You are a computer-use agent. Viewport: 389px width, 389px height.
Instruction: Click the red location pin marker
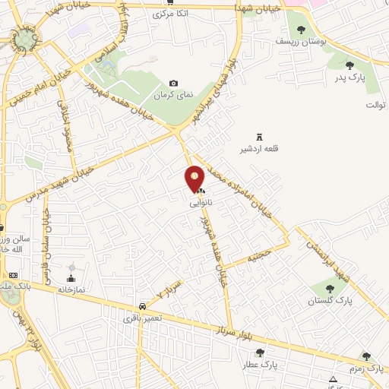[195, 178]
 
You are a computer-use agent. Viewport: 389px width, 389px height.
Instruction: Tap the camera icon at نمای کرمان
[174, 84]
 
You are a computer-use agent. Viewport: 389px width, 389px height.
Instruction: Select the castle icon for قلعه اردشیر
[259, 137]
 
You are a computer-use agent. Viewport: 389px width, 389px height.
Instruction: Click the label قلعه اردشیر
[259, 149]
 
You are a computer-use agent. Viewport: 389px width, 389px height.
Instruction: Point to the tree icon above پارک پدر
[349, 65]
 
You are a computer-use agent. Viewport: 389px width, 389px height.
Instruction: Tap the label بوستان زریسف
[302, 43]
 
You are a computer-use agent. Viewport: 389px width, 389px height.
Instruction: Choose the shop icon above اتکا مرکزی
[169, 2]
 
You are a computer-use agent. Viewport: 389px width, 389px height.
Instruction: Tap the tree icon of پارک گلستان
[330, 289]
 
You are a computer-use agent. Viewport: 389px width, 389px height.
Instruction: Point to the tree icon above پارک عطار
[261, 353]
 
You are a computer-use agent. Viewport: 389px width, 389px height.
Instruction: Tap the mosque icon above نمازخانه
[72, 268]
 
